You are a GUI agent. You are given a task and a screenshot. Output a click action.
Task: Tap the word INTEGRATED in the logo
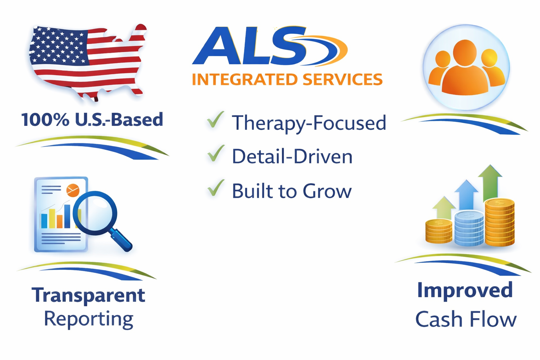tap(245, 79)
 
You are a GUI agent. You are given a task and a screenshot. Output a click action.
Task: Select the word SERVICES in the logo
tap(342, 79)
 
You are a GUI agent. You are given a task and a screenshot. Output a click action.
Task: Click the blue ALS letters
tap(250, 46)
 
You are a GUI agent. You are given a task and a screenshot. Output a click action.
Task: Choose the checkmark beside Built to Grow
tap(216, 188)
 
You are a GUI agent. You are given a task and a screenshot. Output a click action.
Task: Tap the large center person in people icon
tap(465, 69)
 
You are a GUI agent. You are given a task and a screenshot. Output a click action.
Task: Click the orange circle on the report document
tap(73, 190)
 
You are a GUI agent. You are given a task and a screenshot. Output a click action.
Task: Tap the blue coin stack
tap(469, 228)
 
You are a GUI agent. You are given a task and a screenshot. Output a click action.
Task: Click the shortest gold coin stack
tap(438, 231)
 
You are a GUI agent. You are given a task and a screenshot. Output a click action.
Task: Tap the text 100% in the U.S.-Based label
tap(45, 120)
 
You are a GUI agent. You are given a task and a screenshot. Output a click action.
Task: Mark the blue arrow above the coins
tap(466, 195)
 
